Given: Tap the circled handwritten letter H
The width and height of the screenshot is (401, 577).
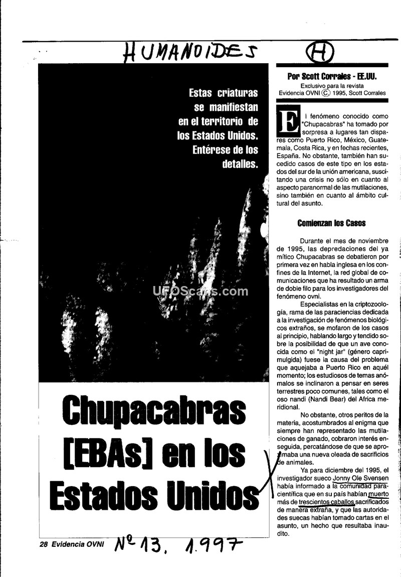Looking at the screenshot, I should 319,52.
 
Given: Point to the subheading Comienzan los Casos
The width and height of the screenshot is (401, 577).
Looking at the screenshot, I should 331,223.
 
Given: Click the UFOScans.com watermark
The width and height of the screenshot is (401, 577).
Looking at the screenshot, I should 200,291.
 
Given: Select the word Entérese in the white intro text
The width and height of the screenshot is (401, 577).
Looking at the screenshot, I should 212,150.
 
